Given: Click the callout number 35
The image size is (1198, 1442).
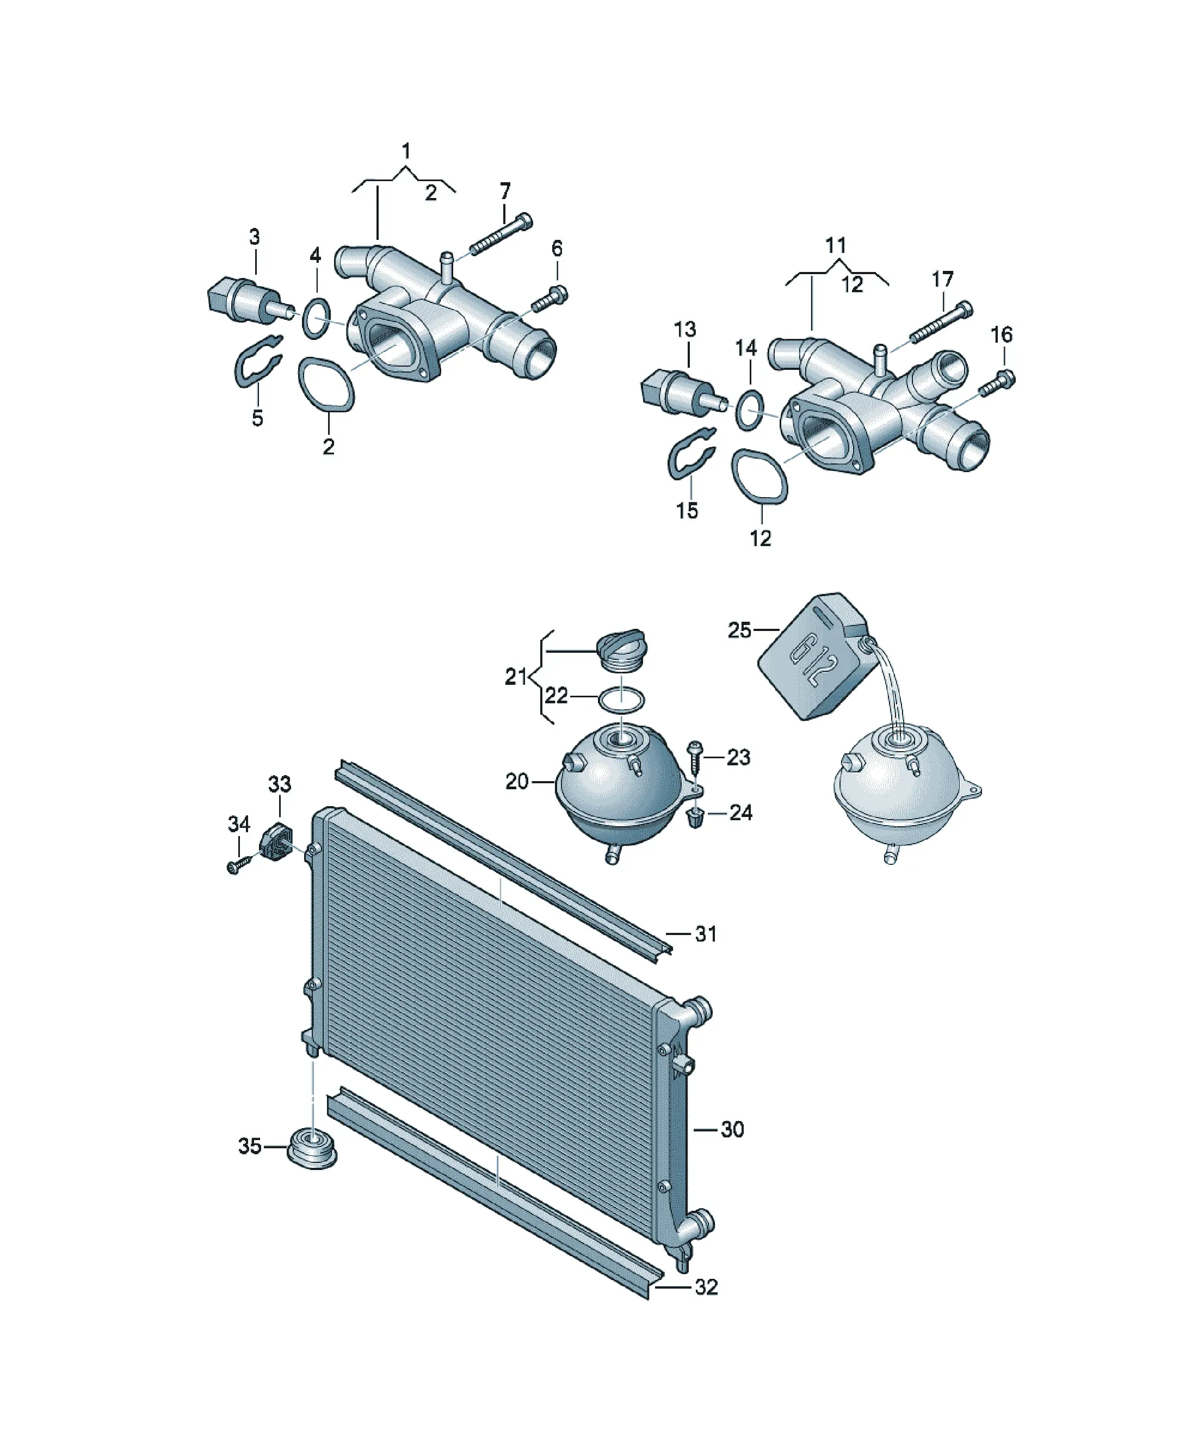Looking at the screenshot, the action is (249, 1146).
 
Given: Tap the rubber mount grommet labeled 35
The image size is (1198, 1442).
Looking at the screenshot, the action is (312, 1146).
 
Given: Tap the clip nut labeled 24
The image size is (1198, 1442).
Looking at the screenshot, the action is (695, 817).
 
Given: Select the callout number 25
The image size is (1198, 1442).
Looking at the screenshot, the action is (740, 630).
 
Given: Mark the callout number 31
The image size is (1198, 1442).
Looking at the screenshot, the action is (706, 934).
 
